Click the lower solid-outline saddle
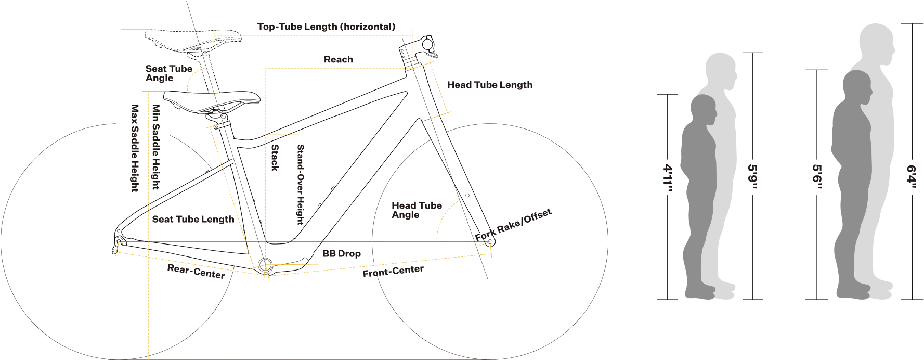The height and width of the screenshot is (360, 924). pos(211,99)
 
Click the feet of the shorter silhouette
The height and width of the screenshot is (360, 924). pos(710,291)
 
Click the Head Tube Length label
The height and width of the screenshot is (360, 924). pos(489,85)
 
